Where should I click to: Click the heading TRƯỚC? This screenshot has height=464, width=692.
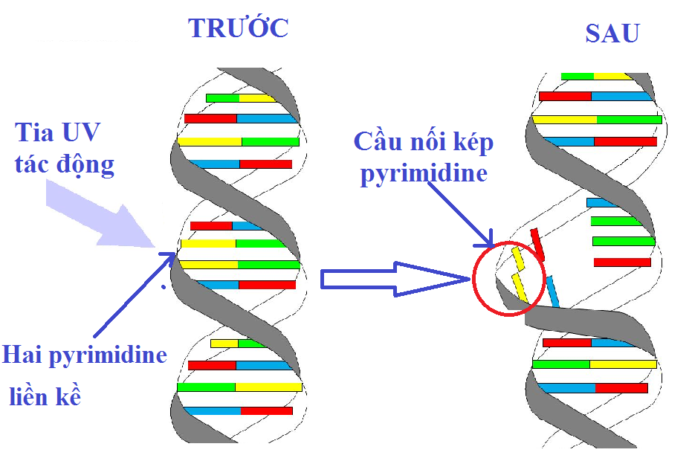[238, 28]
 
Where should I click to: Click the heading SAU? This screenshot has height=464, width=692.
[612, 33]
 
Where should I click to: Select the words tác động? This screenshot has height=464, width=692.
[65, 164]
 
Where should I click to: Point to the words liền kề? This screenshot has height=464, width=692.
[45, 396]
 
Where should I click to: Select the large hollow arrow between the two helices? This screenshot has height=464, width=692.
[394, 279]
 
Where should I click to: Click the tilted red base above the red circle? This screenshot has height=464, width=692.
[537, 244]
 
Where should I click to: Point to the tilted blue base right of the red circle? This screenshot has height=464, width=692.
[553, 291]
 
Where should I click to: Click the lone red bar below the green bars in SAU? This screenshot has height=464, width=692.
[622, 262]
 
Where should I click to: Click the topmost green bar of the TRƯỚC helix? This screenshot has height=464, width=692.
[222, 98]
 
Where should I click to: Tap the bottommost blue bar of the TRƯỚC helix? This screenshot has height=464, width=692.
[212, 411]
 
